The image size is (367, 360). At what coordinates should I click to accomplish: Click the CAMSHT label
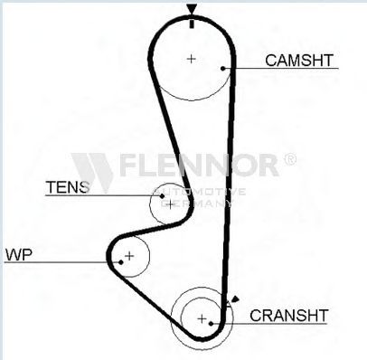pyautogui.click(x=299, y=61)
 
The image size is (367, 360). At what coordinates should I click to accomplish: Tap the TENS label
pyautogui.click(x=68, y=187)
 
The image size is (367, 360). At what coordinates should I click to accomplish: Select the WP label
pyautogui.click(x=19, y=254)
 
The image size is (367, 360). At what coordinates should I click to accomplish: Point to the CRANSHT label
pyautogui.click(x=288, y=316)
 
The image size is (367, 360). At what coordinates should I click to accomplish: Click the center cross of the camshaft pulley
pyautogui.click(x=192, y=59)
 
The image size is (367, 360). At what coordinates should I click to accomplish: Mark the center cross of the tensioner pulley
pyautogui.click(x=170, y=204)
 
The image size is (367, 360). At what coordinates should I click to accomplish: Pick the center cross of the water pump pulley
pyautogui.click(x=129, y=256)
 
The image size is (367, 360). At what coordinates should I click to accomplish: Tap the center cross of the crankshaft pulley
pyautogui.click(x=202, y=318)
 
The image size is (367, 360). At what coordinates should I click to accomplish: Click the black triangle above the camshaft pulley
pyautogui.click(x=192, y=8)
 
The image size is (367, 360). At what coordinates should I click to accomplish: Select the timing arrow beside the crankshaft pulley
pyautogui.click(x=235, y=299)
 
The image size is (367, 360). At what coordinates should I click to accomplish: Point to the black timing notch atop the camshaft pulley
pyautogui.click(x=192, y=24)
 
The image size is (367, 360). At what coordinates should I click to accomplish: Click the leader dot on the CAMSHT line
pyautogui.click(x=223, y=69)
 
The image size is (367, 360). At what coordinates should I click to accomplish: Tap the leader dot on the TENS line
pyautogui.click(x=162, y=196)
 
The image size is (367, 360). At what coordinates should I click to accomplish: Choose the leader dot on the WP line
pyautogui.click(x=121, y=262)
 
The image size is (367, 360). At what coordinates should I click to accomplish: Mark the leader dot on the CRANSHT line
pyautogui.click(x=212, y=324)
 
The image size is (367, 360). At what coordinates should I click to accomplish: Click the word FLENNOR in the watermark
pyautogui.click(x=199, y=165)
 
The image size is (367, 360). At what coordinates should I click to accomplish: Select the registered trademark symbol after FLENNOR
pyautogui.click(x=290, y=159)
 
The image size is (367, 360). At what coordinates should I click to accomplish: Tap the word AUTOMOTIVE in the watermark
pyautogui.click(x=199, y=192)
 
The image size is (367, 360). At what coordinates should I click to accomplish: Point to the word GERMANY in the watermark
pyautogui.click(x=196, y=204)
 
